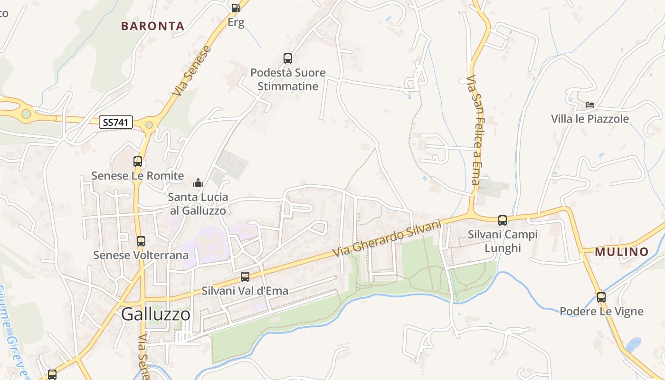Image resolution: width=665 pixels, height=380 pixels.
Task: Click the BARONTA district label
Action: tap(152, 26)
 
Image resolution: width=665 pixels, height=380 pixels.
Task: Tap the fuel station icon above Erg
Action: tap(236, 8)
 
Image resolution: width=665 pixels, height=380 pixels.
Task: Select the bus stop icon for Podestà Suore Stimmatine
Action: tap(288, 58)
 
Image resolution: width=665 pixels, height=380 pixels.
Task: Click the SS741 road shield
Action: tap(116, 122)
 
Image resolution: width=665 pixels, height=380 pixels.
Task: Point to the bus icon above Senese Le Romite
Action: tap(138, 161)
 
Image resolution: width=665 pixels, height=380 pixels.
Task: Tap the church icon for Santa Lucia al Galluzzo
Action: tap(198, 183)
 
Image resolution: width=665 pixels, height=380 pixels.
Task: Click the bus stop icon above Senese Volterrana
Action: tap(141, 241)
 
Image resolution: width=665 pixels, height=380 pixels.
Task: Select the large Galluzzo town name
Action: tap(156, 314)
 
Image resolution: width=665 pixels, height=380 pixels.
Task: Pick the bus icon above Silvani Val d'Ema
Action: tap(245, 276)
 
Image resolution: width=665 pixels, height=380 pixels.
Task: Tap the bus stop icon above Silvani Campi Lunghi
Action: tap(503, 220)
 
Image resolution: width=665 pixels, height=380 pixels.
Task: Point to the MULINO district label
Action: tap(622, 252)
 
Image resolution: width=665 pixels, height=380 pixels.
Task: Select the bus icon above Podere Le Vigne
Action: tap(601, 297)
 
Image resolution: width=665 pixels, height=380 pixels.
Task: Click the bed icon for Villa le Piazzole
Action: tap(590, 104)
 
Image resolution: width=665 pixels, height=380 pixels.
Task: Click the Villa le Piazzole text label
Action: tap(590, 119)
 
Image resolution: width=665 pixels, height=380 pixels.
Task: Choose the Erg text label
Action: tap(236, 22)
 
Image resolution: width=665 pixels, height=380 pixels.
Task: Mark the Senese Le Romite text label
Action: tap(137, 176)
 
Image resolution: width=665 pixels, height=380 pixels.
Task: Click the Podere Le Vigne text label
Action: tap(601, 312)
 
